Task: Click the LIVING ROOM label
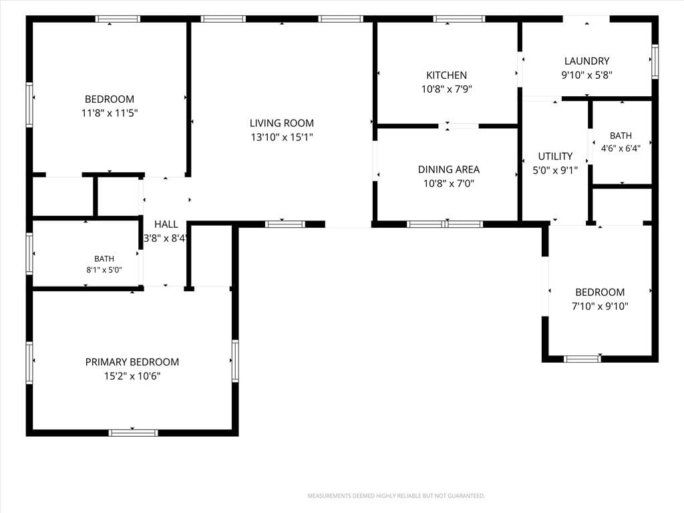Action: click(281, 123)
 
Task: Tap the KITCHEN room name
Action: click(446, 75)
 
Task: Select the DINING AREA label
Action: click(448, 169)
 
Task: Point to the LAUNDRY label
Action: click(586, 61)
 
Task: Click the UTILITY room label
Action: click(555, 156)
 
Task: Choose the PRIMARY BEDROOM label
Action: click(132, 362)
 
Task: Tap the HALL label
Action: click(166, 224)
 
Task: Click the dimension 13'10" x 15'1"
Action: click(282, 138)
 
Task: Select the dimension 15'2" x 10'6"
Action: click(132, 376)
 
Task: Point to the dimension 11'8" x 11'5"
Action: click(110, 114)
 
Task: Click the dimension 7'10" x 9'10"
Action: click(600, 306)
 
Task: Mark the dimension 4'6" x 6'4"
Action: click(621, 148)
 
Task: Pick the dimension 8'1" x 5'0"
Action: click(104, 270)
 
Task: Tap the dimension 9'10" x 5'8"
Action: click(586, 75)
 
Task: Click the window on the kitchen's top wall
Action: click(459, 19)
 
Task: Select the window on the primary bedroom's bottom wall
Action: click(133, 433)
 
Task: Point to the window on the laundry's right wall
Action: click(655, 61)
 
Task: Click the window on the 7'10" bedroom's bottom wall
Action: click(582, 359)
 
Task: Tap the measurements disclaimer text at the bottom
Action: click(396, 496)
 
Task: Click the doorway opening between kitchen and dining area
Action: click(458, 126)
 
